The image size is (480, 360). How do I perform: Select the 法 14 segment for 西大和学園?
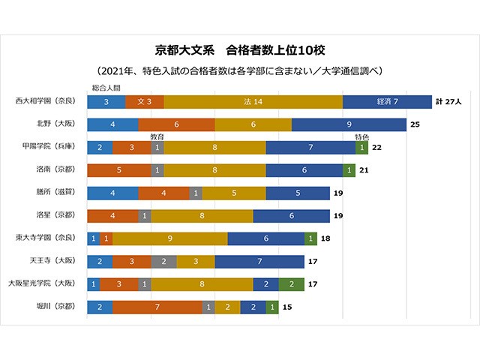pos(253,101)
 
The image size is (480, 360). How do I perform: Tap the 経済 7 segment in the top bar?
pos(387,101)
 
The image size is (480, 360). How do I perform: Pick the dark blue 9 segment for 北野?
pos(349,124)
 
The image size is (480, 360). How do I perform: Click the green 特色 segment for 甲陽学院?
pos(361,148)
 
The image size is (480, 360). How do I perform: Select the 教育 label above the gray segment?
pos(157,137)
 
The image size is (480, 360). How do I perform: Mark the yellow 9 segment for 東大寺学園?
pos(170,238)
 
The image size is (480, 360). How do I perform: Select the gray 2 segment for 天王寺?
pos(163,262)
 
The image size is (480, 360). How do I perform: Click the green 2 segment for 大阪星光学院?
pos(291,284)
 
